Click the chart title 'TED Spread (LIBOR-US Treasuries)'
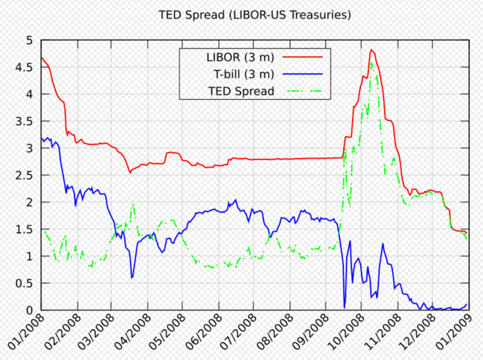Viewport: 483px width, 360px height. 255,15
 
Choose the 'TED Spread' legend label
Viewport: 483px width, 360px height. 241,91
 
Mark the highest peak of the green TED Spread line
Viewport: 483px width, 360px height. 371,62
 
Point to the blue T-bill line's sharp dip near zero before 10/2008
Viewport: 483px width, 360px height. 345,308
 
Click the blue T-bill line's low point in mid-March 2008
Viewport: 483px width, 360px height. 132,278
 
